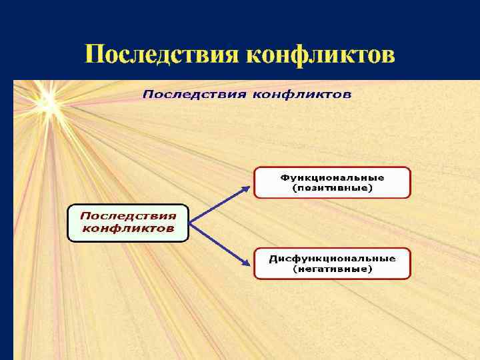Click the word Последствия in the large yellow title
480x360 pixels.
tap(162, 54)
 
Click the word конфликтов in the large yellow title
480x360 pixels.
tap(320, 54)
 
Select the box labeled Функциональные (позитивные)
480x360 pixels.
tap(332, 183)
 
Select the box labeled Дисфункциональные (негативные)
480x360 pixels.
tap(332, 263)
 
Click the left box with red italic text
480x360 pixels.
tap(128, 222)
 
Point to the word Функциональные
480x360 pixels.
tap(332, 178)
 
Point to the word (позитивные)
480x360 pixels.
tap(332, 189)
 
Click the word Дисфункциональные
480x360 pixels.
tap(332, 259)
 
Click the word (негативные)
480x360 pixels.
tap(332, 269)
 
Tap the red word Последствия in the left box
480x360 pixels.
tap(128, 215)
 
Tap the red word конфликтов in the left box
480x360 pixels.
tap(128, 229)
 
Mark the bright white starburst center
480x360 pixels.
tap(47, 101)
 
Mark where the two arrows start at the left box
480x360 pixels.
tap(191, 223)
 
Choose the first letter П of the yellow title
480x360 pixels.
tap(94, 54)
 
